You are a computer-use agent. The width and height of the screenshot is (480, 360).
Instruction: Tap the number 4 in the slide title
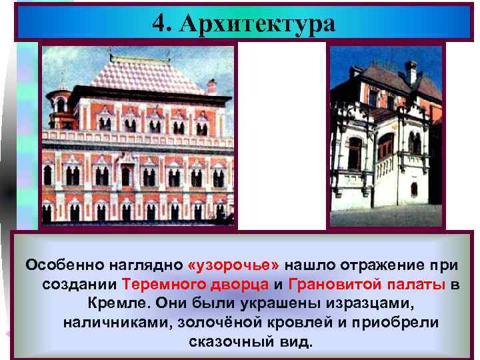[157, 24]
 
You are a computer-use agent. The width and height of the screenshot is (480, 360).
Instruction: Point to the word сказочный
[224, 342]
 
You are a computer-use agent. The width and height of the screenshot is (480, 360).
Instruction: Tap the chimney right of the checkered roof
[212, 87]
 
